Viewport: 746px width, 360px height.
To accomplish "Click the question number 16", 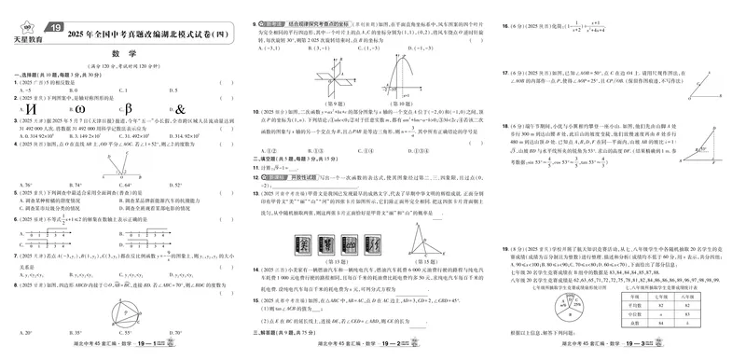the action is pyautogui.click(x=504, y=26).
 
